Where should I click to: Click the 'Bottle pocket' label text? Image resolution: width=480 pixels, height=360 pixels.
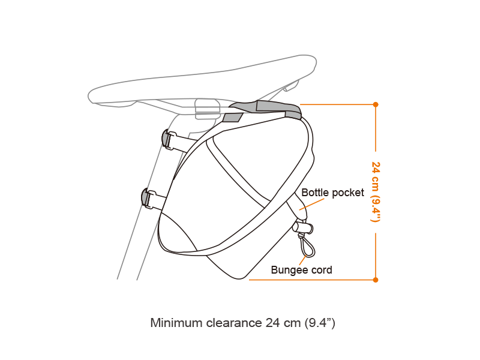pyautogui.click(x=332, y=193)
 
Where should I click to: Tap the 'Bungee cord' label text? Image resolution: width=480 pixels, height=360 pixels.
pyautogui.click(x=301, y=270)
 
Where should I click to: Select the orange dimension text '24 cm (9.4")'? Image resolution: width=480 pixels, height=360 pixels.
pyautogui.click(x=376, y=191)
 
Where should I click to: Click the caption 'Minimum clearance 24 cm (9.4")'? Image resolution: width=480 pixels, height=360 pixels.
pyautogui.click(x=242, y=323)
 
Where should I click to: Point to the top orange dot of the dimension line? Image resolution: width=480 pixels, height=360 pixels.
pyautogui.click(x=376, y=104)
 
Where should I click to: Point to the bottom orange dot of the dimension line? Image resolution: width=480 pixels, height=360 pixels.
pyautogui.click(x=376, y=280)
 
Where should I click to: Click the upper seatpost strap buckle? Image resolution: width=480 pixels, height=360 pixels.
pyautogui.click(x=168, y=139)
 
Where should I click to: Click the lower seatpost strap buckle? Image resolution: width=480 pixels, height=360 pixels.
pyautogui.click(x=147, y=197)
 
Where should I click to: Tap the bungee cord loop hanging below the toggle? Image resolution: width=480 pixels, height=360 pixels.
pyautogui.click(x=305, y=245)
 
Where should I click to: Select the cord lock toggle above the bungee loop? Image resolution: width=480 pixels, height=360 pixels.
pyautogui.click(x=303, y=227)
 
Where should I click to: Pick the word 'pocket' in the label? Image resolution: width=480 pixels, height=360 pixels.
pyautogui.click(x=347, y=193)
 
